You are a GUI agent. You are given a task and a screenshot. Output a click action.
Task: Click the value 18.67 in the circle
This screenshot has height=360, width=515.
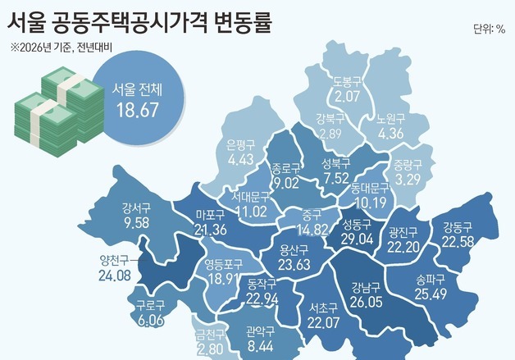click(137, 111)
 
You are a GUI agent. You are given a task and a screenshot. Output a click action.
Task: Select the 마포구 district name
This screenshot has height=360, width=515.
click(212, 216)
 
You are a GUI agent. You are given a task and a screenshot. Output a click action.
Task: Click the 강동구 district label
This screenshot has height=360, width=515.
click(458, 227)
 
